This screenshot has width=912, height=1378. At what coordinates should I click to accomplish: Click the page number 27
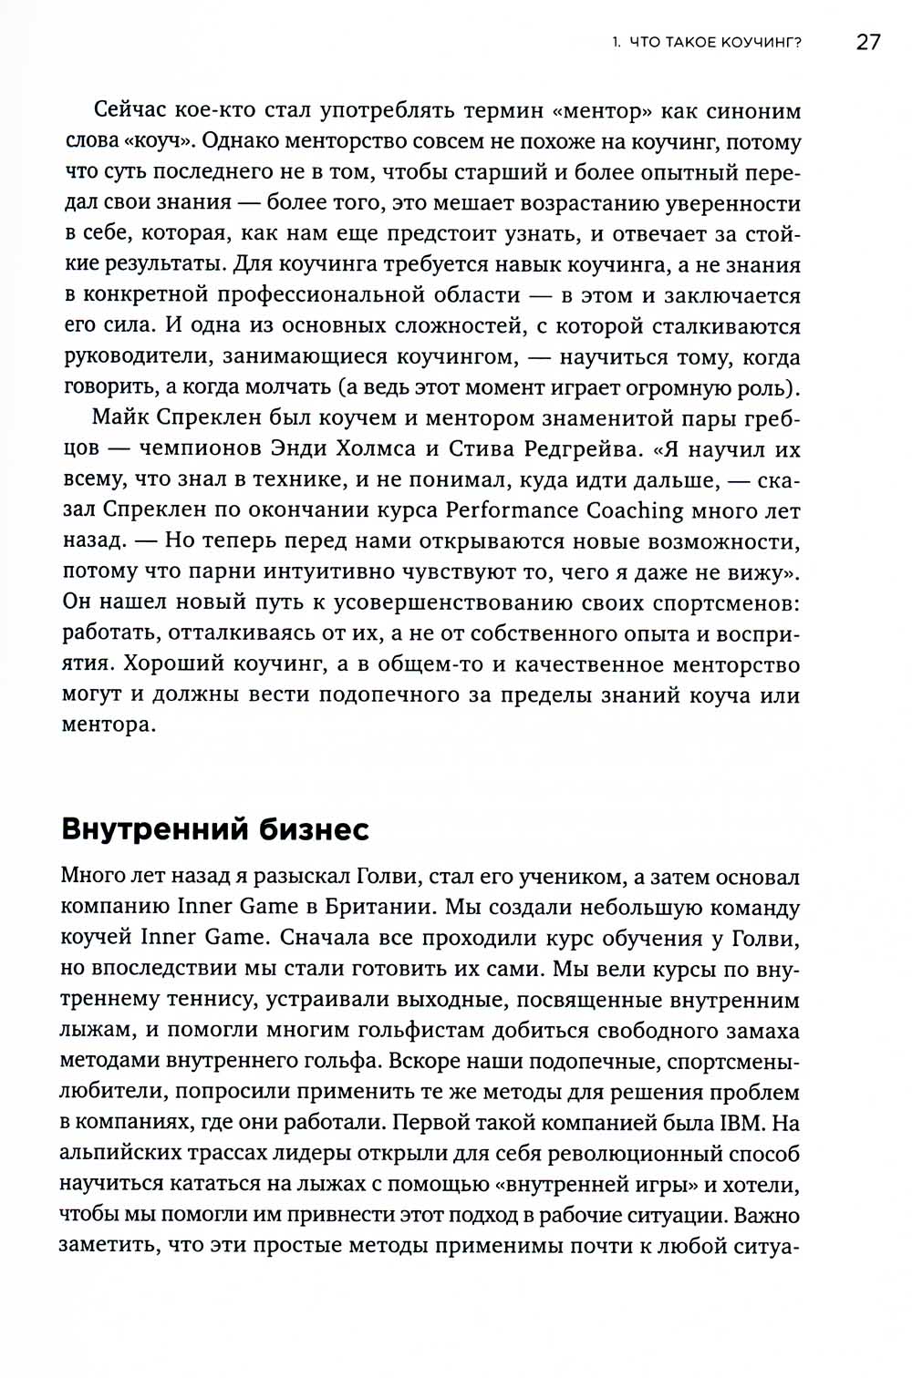click(867, 42)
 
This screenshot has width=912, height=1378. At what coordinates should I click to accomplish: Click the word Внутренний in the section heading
click(154, 829)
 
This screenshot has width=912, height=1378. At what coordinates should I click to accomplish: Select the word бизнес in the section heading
click(315, 829)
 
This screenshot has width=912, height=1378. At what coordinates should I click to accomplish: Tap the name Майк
click(120, 417)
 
